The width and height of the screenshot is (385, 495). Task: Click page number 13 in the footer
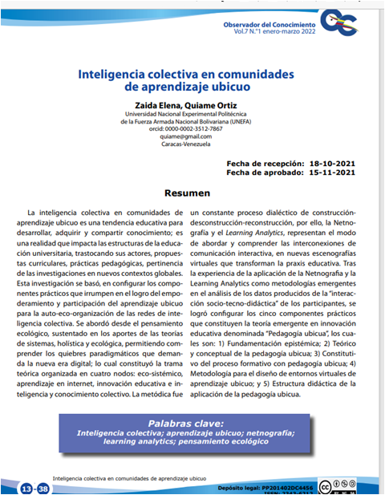pos(28,489)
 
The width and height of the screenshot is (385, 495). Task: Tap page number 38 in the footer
pos(44,489)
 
